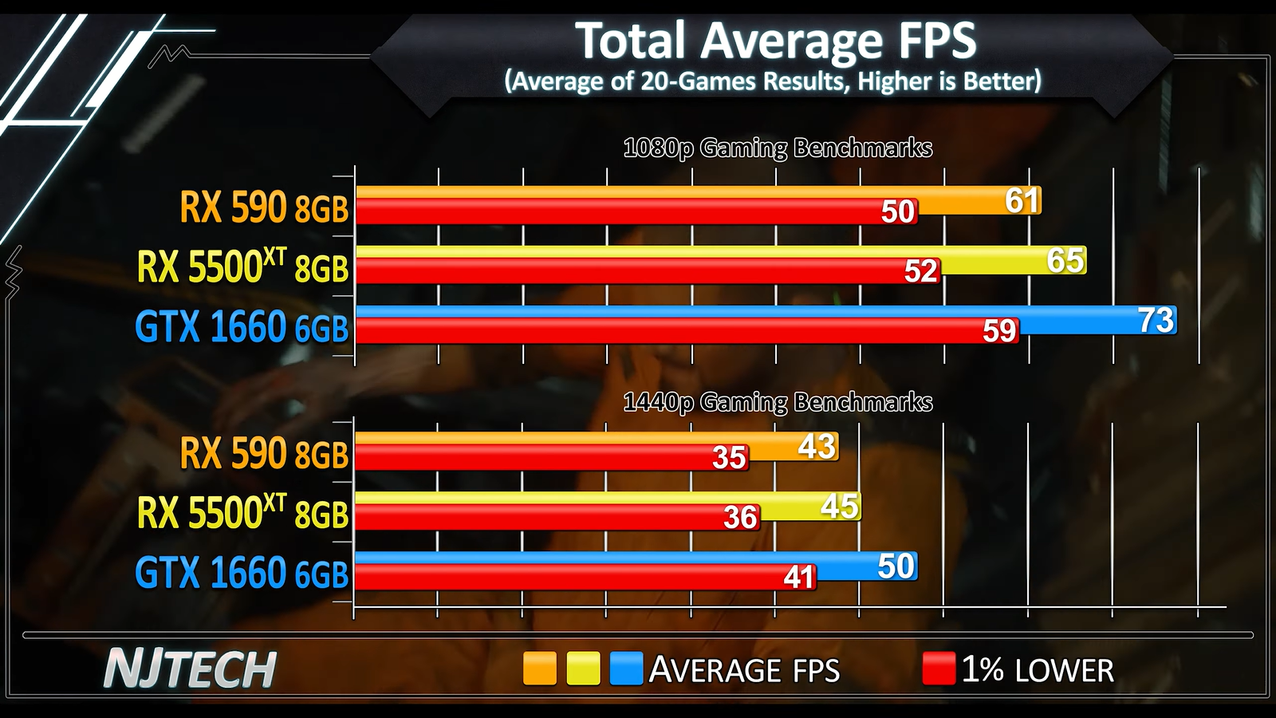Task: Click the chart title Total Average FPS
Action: [x=775, y=41]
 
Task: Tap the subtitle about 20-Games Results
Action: [x=773, y=81]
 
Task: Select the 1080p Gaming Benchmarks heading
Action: [x=778, y=148]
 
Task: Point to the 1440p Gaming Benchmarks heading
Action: [x=778, y=402]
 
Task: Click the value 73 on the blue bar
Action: [x=1156, y=321]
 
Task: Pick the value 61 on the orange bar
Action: [x=1022, y=201]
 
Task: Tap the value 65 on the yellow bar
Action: [x=1065, y=261]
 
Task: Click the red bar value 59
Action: [x=999, y=331]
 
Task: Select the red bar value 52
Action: [x=921, y=272]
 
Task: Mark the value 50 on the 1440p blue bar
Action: [x=896, y=566]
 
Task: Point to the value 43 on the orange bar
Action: [x=817, y=447]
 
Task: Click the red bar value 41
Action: [x=798, y=577]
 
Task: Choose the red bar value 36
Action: [x=740, y=518]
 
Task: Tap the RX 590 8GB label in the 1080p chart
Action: [x=264, y=207]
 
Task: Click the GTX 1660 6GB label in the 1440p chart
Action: [x=242, y=573]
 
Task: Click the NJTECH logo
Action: [x=190, y=669]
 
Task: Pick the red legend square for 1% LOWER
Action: [x=939, y=669]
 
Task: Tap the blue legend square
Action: [x=626, y=669]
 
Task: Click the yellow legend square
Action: [x=583, y=669]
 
